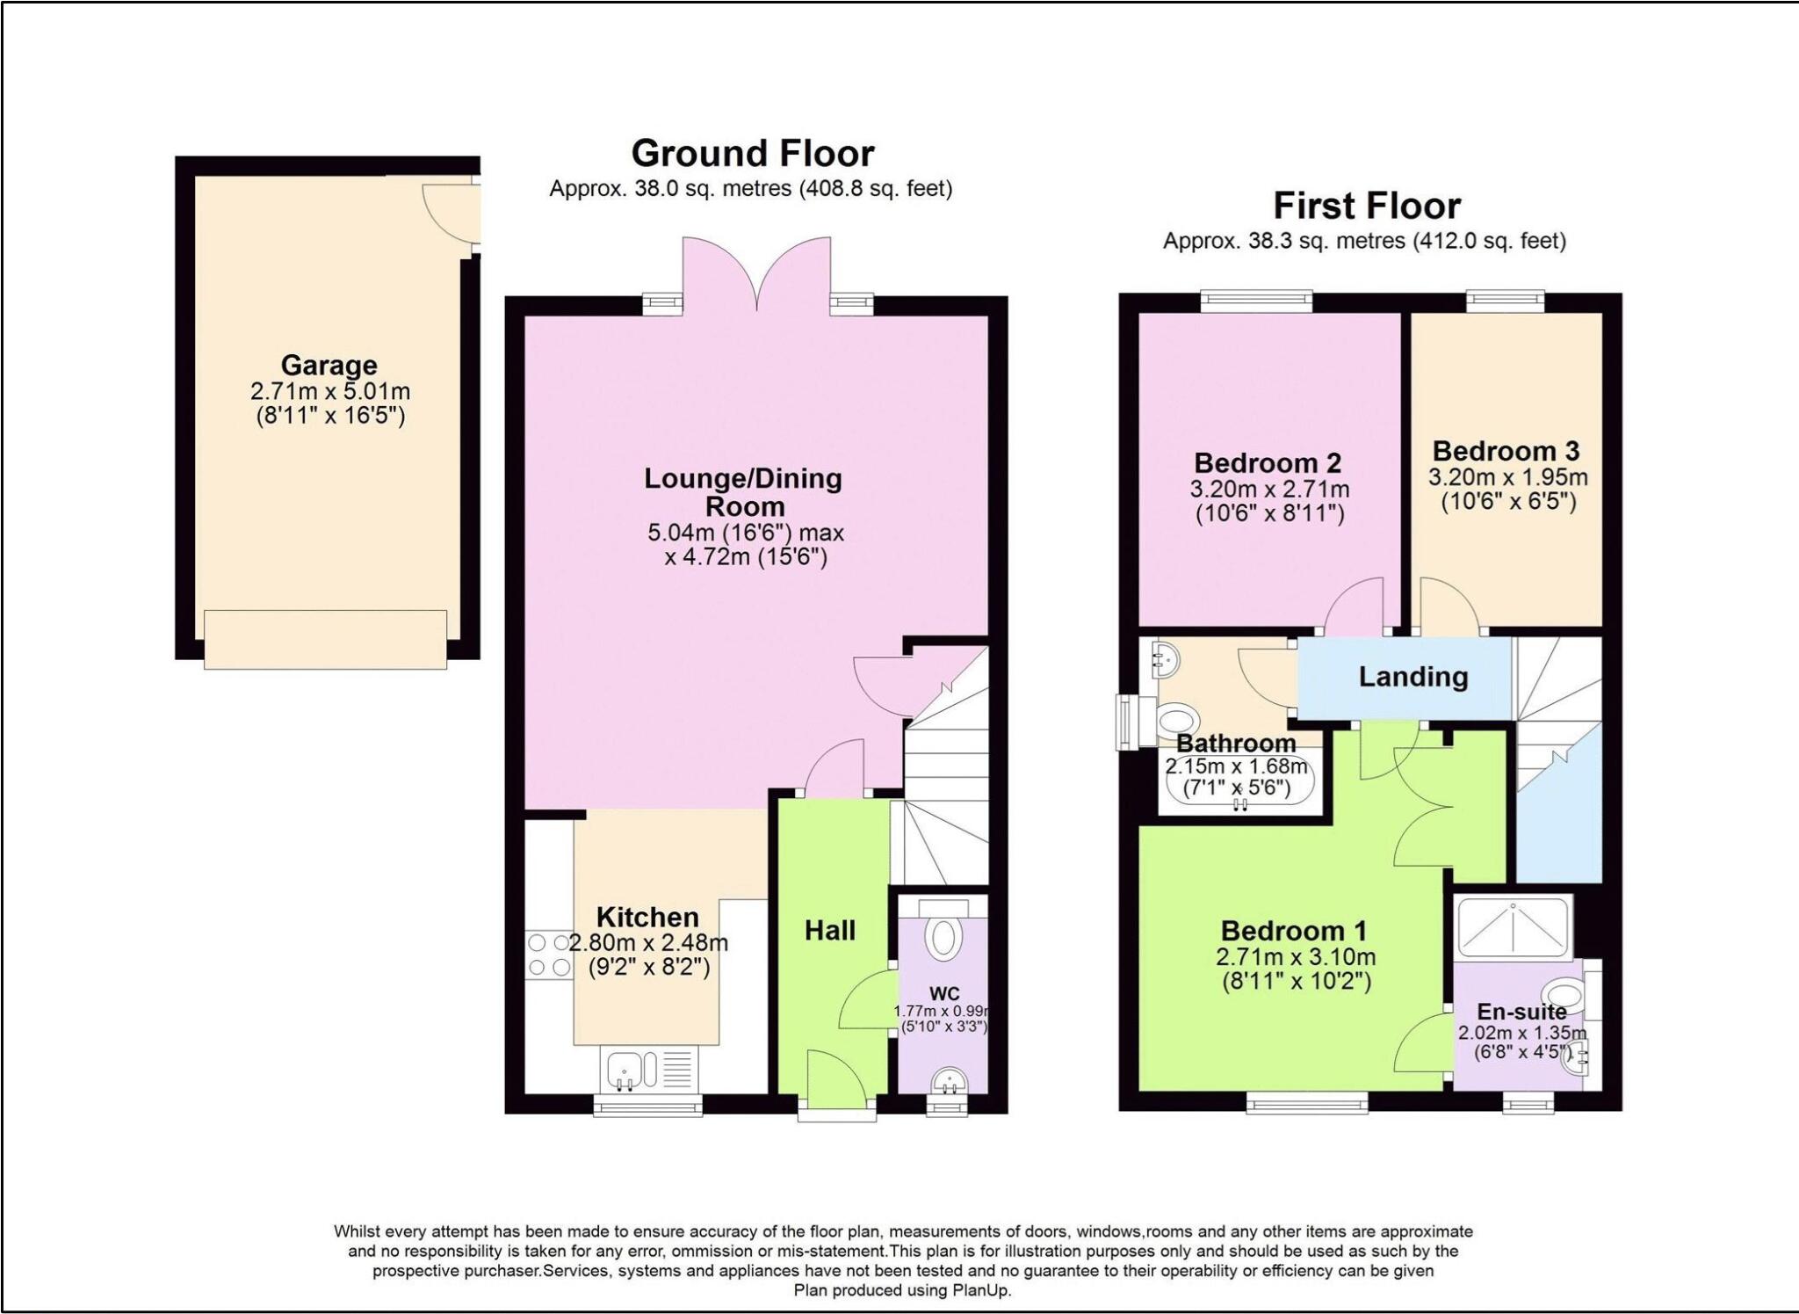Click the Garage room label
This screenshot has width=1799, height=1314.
click(329, 365)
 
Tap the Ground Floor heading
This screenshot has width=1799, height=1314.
click(753, 154)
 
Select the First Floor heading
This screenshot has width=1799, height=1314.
click(1367, 207)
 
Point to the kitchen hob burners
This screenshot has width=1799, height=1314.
click(549, 955)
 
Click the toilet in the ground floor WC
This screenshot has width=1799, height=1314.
click(944, 936)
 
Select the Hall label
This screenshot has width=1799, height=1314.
click(830, 931)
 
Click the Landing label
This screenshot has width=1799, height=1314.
click(1413, 677)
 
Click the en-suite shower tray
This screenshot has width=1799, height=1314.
click(1514, 926)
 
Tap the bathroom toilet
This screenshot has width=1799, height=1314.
click(1174, 722)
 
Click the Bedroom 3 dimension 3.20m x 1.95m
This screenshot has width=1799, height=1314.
click(1507, 478)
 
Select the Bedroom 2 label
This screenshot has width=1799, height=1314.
click(1268, 463)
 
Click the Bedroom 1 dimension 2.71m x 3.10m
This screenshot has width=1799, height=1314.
click(1296, 957)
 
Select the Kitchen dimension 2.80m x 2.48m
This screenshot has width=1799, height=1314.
click(648, 944)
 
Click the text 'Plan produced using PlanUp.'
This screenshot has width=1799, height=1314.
click(902, 1290)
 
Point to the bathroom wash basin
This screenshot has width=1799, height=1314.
click(1165, 658)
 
